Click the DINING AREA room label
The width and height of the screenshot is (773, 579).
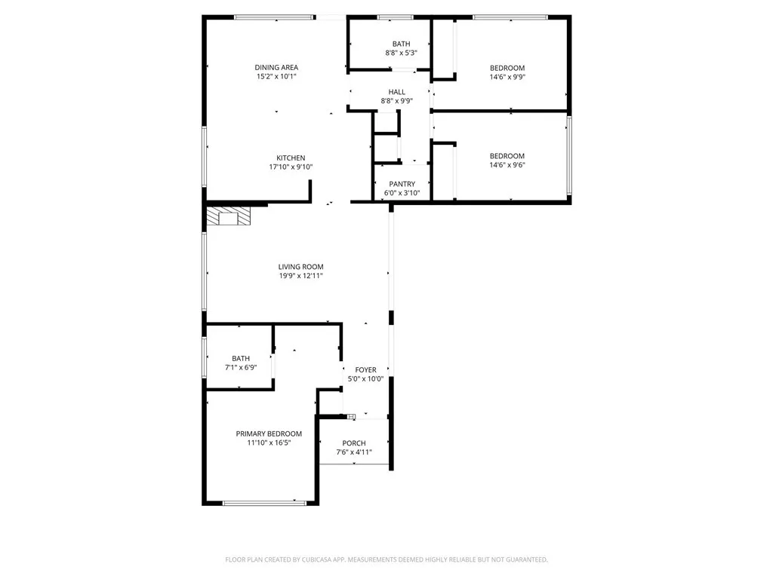click(x=276, y=68)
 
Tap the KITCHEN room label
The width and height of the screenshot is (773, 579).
click(x=291, y=158)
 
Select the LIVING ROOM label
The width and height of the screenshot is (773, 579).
click(x=300, y=267)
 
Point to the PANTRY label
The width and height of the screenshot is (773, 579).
click(x=402, y=184)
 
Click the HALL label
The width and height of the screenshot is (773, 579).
click(x=397, y=92)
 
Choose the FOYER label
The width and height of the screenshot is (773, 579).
click(x=366, y=370)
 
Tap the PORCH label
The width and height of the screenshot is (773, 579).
click(x=354, y=443)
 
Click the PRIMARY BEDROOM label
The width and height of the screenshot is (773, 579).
click(x=269, y=433)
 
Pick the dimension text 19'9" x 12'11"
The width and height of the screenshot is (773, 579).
click(x=300, y=276)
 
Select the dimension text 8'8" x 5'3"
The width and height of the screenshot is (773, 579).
click(x=401, y=53)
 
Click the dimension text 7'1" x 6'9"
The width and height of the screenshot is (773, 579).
click(x=241, y=368)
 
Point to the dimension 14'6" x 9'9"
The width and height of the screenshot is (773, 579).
click(x=507, y=77)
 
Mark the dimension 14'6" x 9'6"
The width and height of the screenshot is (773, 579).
click(x=507, y=165)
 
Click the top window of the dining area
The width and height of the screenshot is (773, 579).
click(x=274, y=17)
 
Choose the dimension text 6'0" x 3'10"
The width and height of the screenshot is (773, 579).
click(x=402, y=193)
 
